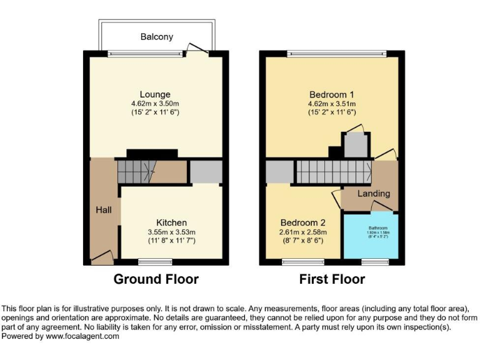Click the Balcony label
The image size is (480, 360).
coord(156,37)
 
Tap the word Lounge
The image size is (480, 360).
coord(155,94)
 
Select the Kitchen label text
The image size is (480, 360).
coord(171,222)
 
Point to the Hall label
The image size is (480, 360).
coord(104,210)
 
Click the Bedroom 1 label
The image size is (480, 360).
coord(331,94)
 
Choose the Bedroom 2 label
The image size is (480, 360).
coord(303,222)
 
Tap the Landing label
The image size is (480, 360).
coord(374,194)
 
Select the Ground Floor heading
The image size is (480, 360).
coord(156,279)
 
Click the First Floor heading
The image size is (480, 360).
coord(332,279)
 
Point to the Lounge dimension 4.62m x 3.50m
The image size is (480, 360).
coord(155,104)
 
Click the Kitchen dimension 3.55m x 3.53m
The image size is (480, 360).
coord(171,232)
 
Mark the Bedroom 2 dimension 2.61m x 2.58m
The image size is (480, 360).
coord(303,232)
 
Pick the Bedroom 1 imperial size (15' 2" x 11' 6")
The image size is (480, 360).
coord(331,112)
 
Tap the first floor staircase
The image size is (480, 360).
coord(321,171)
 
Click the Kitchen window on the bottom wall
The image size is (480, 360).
coord(150,261)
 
